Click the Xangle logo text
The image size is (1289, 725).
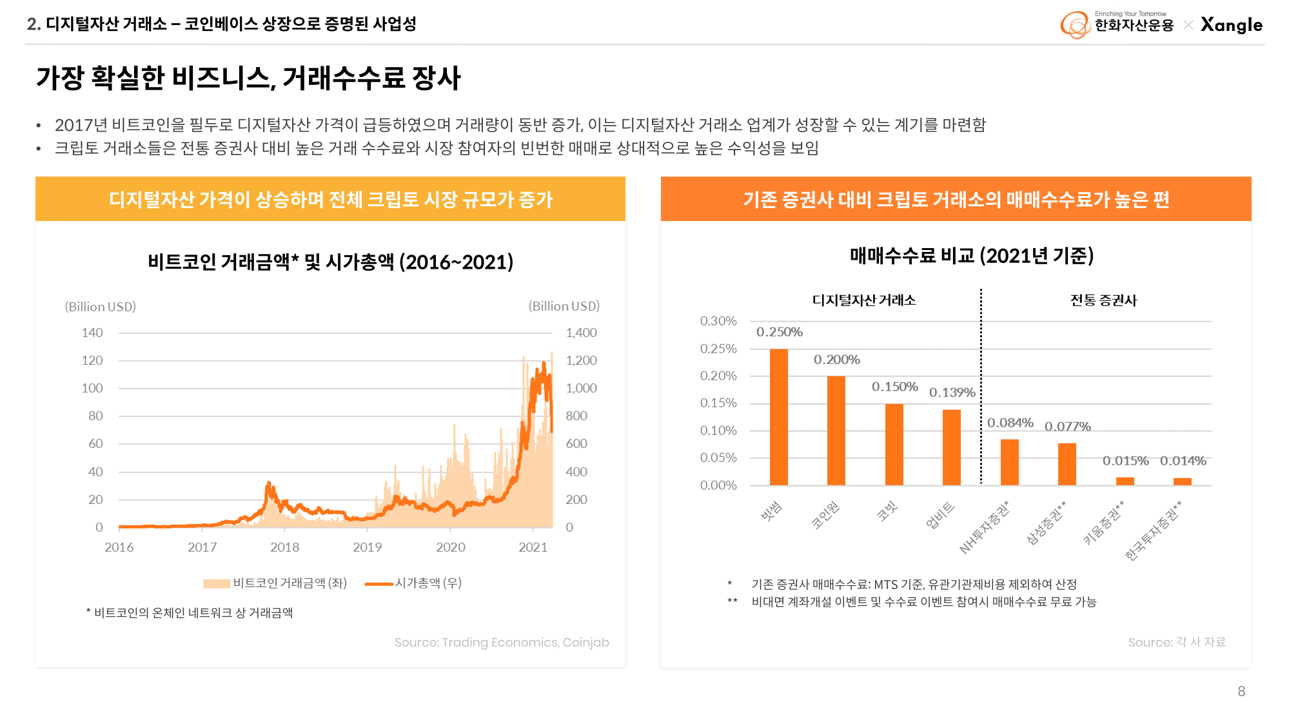(x=1231, y=25)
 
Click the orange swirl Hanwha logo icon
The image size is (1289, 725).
(x=1075, y=25)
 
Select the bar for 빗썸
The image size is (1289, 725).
(x=779, y=417)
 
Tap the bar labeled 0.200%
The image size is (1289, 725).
(x=836, y=430)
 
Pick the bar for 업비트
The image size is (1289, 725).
(x=951, y=447)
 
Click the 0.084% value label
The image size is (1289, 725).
(x=1010, y=423)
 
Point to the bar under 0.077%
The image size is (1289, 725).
(x=1067, y=464)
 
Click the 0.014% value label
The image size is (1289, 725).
(x=1183, y=461)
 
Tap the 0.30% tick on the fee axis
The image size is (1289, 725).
(x=718, y=321)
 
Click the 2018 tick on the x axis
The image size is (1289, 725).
(x=284, y=547)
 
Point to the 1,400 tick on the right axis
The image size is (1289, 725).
(x=581, y=333)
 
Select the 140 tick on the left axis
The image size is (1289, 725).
(x=92, y=333)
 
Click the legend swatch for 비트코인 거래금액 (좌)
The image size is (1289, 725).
(x=217, y=584)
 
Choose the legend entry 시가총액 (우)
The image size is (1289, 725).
(x=428, y=583)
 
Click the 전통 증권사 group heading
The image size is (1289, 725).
(x=1103, y=300)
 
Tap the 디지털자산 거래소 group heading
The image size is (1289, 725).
(x=864, y=300)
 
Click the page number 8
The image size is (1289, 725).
(x=1241, y=691)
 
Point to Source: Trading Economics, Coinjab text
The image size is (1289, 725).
(x=502, y=643)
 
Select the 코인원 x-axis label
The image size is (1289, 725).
(x=825, y=515)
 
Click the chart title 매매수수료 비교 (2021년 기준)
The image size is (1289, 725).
(x=972, y=256)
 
